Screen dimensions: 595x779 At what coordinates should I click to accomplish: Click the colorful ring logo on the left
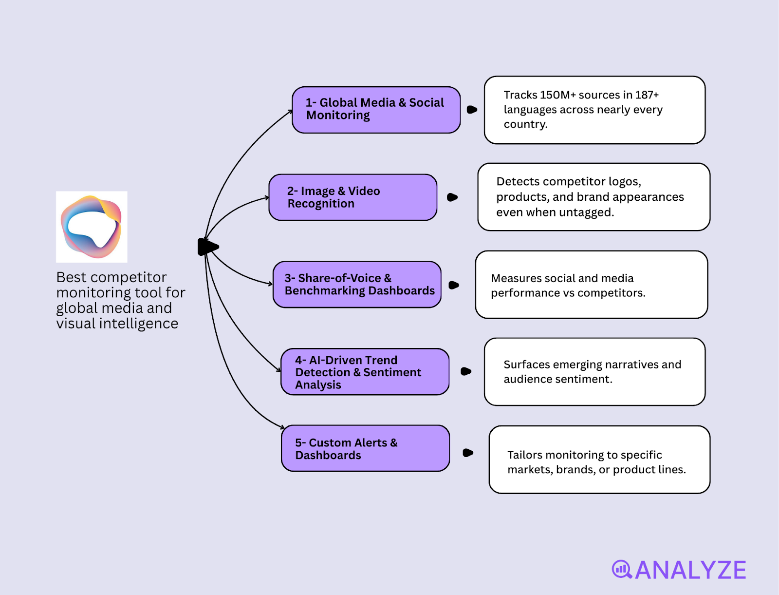tap(92, 227)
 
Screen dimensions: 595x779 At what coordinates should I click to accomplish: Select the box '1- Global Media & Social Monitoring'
tap(376, 110)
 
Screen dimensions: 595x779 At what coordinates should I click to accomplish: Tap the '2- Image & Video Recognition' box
tap(352, 197)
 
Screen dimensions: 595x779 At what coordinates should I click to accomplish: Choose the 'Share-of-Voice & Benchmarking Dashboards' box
tap(357, 285)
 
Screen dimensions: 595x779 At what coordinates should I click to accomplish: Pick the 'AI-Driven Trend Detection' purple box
tap(365, 372)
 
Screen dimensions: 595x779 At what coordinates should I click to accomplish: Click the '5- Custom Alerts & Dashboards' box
tap(365, 448)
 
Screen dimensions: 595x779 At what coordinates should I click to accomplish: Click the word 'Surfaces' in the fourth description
tap(526, 365)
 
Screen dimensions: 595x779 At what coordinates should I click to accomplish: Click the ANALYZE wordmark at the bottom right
tap(690, 570)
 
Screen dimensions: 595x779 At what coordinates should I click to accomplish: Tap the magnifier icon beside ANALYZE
tap(622, 569)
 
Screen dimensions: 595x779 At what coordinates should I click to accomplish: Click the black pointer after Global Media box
tap(471, 110)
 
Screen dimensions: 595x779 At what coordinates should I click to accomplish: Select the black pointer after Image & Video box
tap(452, 197)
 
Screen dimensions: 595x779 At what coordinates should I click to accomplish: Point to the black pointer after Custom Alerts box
tap(467, 453)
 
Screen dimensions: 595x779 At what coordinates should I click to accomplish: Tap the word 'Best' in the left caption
tap(71, 277)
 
